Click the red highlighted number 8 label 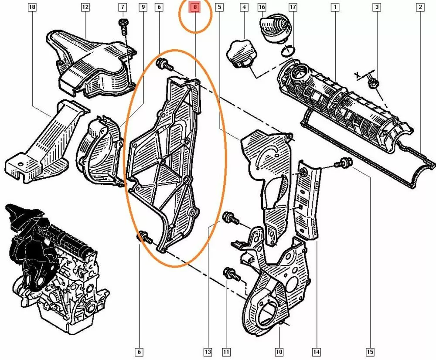195,7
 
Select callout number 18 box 32,7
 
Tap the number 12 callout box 85,7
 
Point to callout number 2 420,7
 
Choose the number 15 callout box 370,352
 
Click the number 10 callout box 279,352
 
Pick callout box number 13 208,352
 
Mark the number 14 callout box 317,352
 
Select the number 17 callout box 293,7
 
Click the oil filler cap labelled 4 241,54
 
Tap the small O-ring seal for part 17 288,51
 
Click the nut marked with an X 372,82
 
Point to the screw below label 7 123,28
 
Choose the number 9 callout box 143,7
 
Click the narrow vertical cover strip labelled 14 309,200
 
